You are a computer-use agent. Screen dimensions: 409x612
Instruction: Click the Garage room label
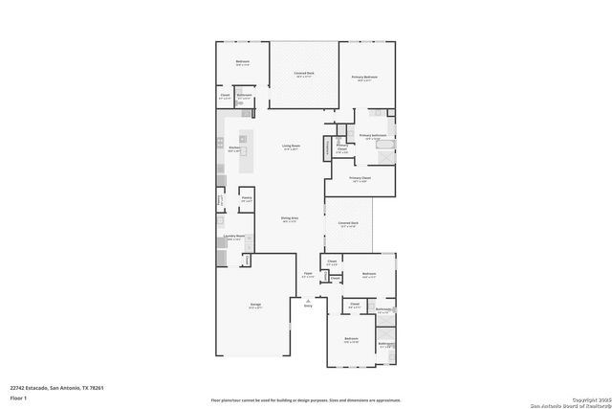click(255, 305)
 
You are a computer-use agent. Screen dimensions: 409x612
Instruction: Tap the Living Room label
click(290, 147)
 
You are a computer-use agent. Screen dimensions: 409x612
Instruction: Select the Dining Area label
click(290, 219)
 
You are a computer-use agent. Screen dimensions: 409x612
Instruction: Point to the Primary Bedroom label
click(363, 78)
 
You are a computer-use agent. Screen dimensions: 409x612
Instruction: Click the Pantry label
click(246, 199)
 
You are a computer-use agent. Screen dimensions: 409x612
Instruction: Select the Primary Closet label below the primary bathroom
click(360, 179)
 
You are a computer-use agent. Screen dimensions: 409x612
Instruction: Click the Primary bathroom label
click(371, 136)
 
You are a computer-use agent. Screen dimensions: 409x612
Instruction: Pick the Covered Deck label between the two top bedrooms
click(304, 74)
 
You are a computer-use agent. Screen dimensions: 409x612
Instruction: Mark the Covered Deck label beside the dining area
click(348, 224)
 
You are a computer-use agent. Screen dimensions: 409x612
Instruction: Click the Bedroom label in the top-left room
click(243, 63)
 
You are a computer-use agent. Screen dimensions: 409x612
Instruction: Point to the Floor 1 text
click(18, 397)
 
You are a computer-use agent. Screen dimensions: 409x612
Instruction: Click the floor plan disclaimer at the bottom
click(306, 399)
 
